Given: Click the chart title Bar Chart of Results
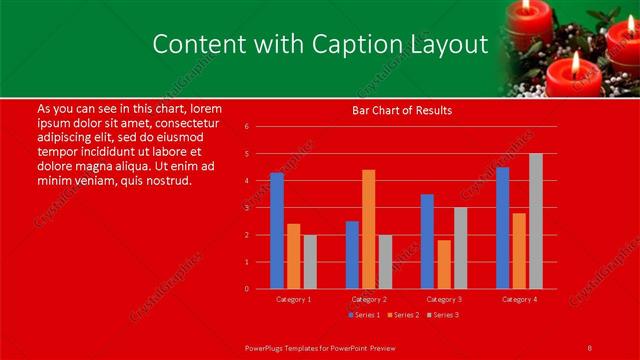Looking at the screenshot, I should pos(401,110).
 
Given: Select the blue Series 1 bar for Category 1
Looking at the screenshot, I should pos(277,231).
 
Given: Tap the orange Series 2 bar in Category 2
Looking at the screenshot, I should pos(369,229).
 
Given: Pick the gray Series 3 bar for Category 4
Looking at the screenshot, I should pos(536,221).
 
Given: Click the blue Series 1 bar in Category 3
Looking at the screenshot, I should pos(427,241).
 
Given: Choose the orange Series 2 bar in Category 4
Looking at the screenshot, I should pos(519,251).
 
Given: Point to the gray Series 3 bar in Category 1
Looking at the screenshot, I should pos(310,262).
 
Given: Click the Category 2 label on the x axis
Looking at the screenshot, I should pos(369,299).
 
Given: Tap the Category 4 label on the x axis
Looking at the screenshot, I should pos(519,299).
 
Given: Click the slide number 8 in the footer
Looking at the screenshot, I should pos(590,347).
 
